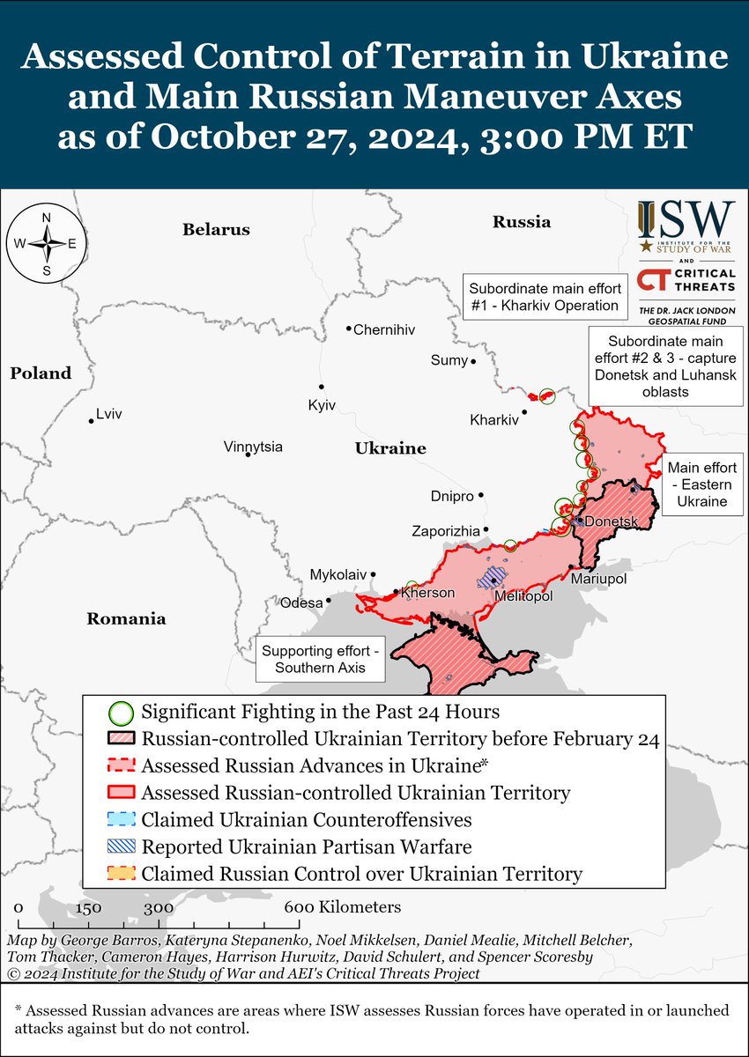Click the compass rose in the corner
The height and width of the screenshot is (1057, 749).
pyautogui.click(x=47, y=244)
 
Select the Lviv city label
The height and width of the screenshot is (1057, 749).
pyautogui.click(x=109, y=413)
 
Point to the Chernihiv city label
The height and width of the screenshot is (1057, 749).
pyautogui.click(x=383, y=330)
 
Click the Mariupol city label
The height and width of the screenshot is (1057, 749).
pyautogui.click(x=598, y=579)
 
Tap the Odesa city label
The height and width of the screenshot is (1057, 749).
pyautogui.click(x=301, y=603)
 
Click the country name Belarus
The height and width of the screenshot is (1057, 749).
pyautogui.click(x=216, y=230)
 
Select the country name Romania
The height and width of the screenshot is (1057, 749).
pyautogui.click(x=126, y=618)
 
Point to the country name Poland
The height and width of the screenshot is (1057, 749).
pyautogui.click(x=41, y=373)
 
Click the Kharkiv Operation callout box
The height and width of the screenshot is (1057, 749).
pyautogui.click(x=543, y=298)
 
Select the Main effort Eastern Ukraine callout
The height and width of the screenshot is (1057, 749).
pyautogui.click(x=701, y=484)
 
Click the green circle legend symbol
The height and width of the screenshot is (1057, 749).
pyautogui.click(x=121, y=712)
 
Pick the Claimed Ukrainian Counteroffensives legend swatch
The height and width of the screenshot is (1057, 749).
pyautogui.click(x=121, y=820)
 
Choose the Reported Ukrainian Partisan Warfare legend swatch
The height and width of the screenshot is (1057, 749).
pyautogui.click(x=121, y=847)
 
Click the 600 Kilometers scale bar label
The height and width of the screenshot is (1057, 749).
pyautogui.click(x=344, y=907)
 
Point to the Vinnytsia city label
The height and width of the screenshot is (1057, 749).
pyautogui.click(x=253, y=447)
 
